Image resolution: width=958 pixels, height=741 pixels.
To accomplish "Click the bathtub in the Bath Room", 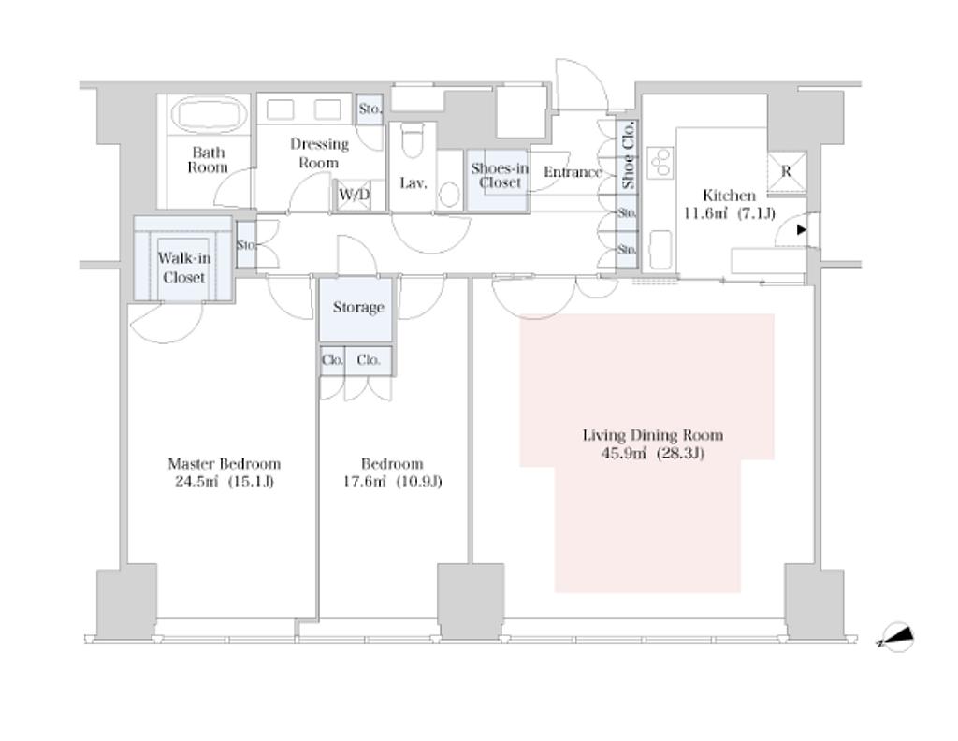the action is [209, 113].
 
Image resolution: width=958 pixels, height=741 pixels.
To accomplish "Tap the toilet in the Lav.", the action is [414, 140].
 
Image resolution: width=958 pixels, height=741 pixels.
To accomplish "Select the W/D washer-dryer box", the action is [355, 195].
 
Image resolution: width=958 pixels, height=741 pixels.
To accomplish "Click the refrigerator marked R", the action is [786, 171].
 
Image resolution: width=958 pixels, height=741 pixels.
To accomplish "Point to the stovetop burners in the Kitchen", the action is [660, 162].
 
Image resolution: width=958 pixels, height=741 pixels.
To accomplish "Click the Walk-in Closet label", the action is [184, 268].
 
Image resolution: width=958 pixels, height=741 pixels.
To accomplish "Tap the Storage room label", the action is [358, 307].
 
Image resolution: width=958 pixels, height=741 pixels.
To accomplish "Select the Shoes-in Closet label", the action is [500, 175].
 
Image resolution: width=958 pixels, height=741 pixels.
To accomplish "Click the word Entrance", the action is [573, 172].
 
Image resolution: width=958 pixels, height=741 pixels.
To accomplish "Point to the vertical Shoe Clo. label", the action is [628, 155].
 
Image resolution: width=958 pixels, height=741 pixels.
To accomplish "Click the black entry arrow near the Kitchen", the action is [801, 230].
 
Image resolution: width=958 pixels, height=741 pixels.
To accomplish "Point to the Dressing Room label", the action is [319, 153].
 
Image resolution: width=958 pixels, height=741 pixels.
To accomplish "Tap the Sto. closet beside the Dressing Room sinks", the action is [369, 110].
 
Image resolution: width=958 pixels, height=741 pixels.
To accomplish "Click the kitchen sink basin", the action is [660, 249].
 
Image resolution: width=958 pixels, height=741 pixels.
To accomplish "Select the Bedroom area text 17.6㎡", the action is [365, 482].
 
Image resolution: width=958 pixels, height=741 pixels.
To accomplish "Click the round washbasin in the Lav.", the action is [450, 195].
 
